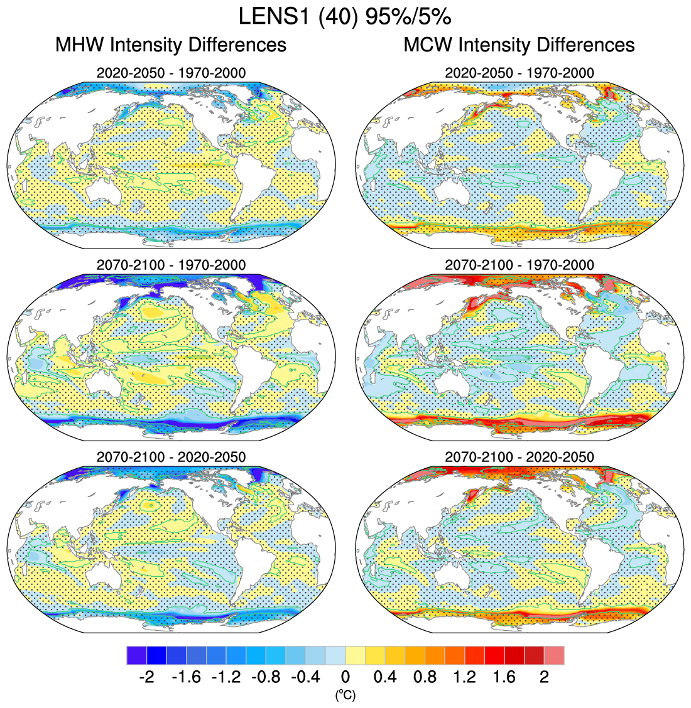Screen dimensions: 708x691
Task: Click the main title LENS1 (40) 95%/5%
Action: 345,16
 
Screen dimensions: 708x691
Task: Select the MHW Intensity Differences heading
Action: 171,45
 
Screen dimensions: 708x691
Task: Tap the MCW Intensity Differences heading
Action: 519,45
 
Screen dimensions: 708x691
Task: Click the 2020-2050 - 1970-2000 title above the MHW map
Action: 171,73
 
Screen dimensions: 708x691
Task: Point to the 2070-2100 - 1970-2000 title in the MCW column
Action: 519,265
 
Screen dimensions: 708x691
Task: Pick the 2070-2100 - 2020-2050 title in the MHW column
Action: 171,457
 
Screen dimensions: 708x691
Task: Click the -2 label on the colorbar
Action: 146,677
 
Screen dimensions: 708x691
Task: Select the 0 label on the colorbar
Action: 345,677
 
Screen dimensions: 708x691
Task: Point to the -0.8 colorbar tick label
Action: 266,677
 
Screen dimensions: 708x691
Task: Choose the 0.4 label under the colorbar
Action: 385,677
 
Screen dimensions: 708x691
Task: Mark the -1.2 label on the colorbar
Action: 226,677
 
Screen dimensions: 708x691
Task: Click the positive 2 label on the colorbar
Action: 545,677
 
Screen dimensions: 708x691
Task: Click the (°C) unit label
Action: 345,695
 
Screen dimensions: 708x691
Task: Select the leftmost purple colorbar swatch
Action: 136,655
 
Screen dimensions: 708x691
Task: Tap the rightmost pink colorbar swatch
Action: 554,655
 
